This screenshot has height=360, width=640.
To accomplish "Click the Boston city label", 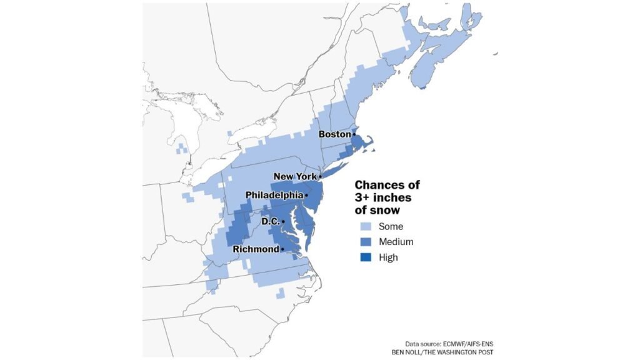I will (x=334, y=134).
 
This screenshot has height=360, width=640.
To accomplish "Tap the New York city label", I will (x=295, y=177).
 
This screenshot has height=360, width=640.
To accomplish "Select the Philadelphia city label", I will (x=274, y=196).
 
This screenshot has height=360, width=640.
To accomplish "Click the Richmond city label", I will (x=256, y=249).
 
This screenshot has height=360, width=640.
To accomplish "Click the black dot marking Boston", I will (x=354, y=134).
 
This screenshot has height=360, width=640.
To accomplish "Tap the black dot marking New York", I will (x=320, y=177).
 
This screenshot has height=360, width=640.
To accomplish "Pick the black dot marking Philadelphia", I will (x=306, y=196).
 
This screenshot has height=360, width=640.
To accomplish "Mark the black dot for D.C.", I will (x=283, y=222).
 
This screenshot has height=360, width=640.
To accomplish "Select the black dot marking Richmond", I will (x=282, y=249).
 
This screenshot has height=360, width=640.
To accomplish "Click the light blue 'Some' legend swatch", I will (x=364, y=227).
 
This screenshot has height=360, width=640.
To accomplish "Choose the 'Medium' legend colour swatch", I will (x=364, y=242).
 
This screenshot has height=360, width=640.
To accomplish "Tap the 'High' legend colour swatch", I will (x=364, y=257).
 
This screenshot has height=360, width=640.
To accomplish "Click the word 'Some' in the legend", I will (x=391, y=227).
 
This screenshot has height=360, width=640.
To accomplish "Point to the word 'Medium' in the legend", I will (x=396, y=242).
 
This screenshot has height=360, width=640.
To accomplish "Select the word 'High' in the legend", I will (x=387, y=257).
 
